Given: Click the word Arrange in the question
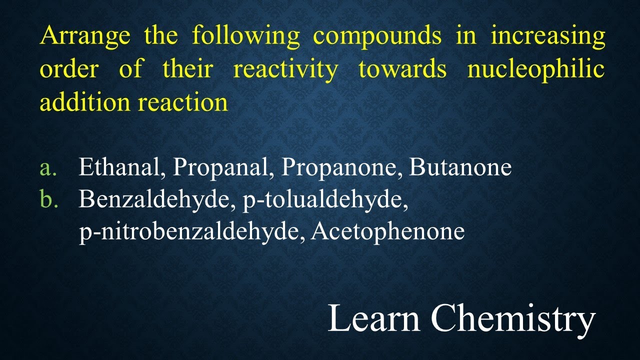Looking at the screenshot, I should tap(85, 36).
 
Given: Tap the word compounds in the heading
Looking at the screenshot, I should tap(377, 36).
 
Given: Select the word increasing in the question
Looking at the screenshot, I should tap(547, 36).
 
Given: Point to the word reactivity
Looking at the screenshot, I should tap(285, 69).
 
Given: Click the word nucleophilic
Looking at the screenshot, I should tap(535, 69).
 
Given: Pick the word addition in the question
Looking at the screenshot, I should tap(84, 102).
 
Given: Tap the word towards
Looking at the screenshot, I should tap(402, 69).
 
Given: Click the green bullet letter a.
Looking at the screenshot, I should tap(48, 168).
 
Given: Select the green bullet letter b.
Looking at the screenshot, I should tap(49, 199).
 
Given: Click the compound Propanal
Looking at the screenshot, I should tap(223, 167).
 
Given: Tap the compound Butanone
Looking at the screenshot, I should tap(460, 167).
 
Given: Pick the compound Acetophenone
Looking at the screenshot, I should tap(387, 231).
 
